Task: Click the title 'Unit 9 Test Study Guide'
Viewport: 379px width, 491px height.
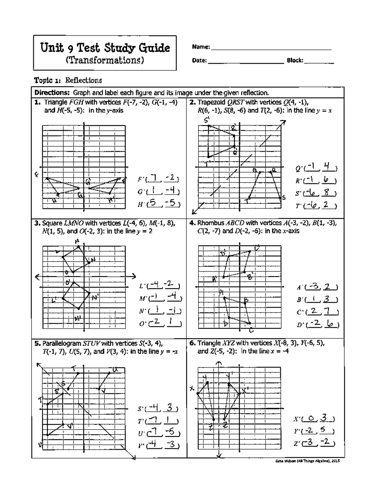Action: point(105,48)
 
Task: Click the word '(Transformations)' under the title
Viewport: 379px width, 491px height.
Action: point(105,60)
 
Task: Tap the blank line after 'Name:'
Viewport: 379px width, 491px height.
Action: point(271,47)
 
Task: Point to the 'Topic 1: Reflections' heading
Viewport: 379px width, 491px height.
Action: point(68,80)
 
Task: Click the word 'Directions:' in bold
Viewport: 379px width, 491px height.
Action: point(52,93)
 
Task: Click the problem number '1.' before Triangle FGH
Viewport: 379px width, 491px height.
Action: point(38,102)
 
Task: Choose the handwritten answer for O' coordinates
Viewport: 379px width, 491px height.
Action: point(165,323)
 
